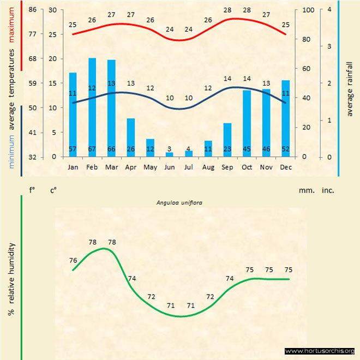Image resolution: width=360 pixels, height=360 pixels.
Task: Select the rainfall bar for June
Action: click(x=169, y=154)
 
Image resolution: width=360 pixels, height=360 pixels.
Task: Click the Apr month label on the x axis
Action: click(x=131, y=167)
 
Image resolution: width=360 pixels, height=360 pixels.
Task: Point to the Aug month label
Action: click(x=208, y=167)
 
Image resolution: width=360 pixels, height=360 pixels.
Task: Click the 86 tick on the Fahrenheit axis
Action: click(x=33, y=10)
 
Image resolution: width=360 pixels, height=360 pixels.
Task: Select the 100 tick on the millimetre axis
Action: click(x=308, y=10)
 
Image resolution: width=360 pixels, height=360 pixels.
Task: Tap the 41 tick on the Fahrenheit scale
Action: click(x=33, y=133)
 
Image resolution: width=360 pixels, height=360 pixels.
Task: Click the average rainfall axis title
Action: click(x=350, y=89)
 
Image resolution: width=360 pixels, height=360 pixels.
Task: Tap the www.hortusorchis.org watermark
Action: click(x=320, y=351)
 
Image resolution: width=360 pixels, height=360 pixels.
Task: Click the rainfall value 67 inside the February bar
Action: click(x=92, y=149)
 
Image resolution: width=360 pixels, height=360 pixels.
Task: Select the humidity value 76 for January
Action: click(x=73, y=260)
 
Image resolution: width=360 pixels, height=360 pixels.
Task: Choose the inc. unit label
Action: click(x=328, y=190)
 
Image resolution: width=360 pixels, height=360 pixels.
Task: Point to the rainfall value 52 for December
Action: click(x=285, y=149)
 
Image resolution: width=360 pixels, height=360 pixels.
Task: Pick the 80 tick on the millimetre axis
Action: click(x=308, y=39)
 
